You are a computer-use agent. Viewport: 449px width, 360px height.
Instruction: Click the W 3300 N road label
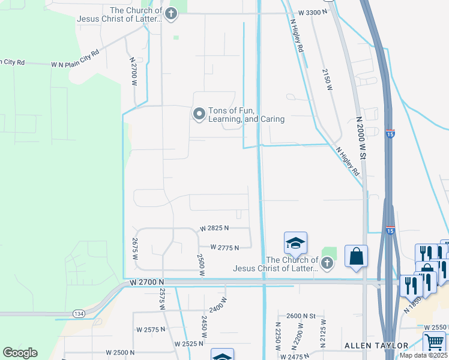314,12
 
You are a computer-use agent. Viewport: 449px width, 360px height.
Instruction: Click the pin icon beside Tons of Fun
199,113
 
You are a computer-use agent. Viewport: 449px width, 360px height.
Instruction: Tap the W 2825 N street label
215,229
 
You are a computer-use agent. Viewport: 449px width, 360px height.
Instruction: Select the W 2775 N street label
224,247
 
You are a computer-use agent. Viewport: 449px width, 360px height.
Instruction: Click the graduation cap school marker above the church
295,243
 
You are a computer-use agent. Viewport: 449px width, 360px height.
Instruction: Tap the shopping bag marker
357,256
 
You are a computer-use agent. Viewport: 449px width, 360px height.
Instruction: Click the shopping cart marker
434,343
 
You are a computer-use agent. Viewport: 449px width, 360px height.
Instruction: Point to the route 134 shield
79,314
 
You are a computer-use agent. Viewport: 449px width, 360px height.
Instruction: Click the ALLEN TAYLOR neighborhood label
376,346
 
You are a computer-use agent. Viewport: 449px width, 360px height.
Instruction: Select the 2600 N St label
301,316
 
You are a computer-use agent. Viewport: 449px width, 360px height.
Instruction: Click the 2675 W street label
134,248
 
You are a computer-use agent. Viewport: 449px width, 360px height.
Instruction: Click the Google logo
20,353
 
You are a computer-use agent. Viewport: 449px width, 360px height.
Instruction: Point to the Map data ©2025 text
424,355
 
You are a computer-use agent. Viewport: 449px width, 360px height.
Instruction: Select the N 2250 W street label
278,340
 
